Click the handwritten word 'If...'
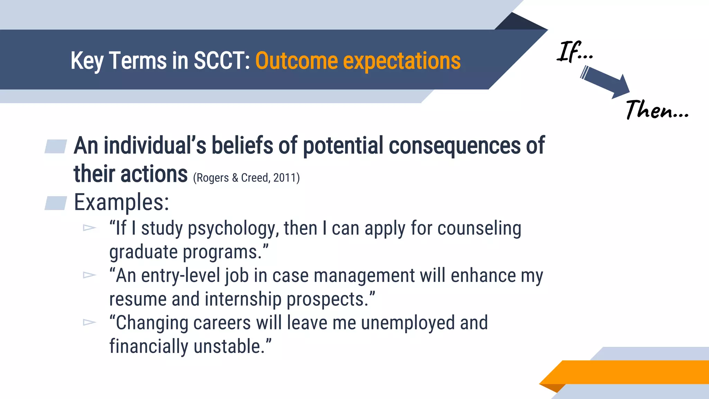(x=575, y=52)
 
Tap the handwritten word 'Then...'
(x=657, y=110)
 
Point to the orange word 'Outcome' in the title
(x=296, y=61)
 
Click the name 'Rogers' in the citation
(x=213, y=178)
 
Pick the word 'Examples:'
(x=122, y=203)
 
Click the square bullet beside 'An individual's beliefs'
(x=56, y=146)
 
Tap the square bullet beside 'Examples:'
(x=56, y=203)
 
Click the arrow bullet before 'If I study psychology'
(x=89, y=228)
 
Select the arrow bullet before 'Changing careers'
(x=89, y=322)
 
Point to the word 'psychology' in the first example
(x=233, y=229)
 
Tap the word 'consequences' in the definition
(x=455, y=146)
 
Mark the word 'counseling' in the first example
(x=479, y=229)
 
